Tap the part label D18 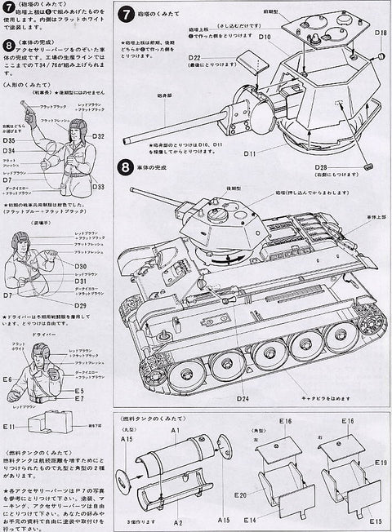380,33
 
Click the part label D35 8,140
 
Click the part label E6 7,379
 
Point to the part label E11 9,426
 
